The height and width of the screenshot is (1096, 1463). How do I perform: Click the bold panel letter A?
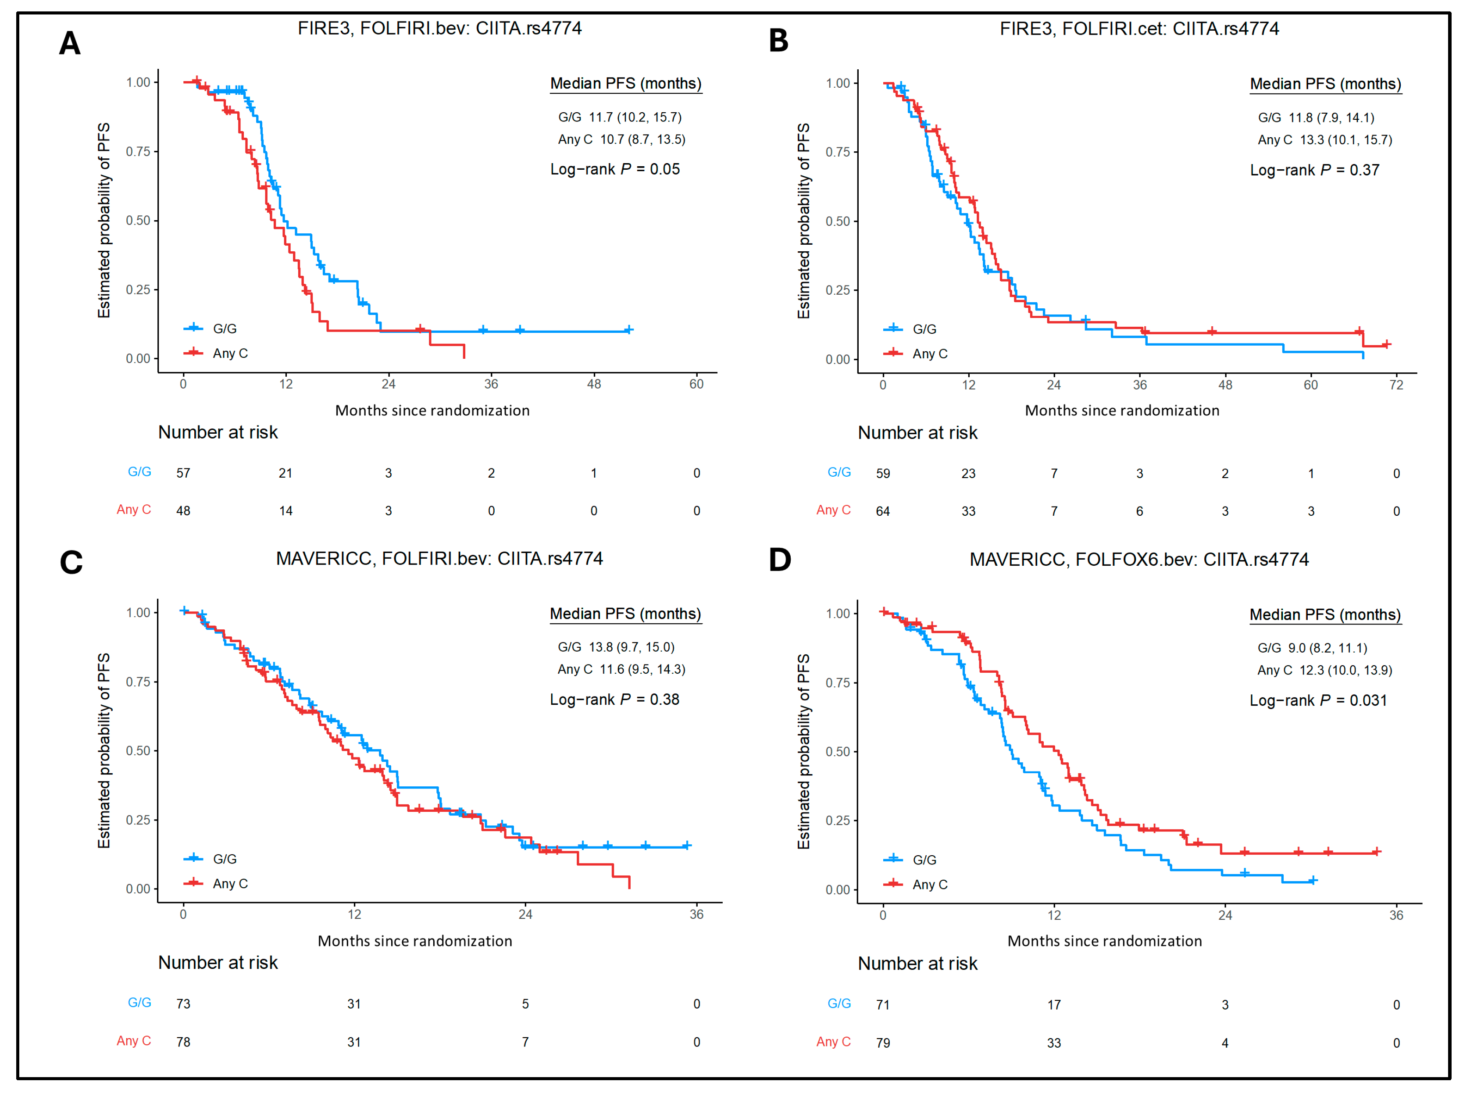click(x=70, y=44)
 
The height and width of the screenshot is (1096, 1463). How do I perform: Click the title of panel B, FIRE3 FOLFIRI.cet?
click(x=1139, y=29)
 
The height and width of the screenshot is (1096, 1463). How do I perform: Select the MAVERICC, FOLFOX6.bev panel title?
click(x=1139, y=560)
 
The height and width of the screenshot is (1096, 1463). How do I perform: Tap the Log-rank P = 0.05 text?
click(x=615, y=169)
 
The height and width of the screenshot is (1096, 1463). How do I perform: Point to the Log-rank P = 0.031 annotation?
click(x=1317, y=700)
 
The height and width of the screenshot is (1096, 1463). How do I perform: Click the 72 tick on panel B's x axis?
click(x=1396, y=385)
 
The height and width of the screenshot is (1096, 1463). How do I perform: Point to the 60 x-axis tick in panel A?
click(x=696, y=384)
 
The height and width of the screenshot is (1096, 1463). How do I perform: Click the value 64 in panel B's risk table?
click(x=883, y=511)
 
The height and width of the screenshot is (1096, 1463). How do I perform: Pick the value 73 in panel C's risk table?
click(x=183, y=1004)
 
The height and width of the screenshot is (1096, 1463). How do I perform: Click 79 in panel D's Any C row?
click(x=883, y=1043)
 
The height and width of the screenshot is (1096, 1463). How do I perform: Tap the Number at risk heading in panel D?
click(x=917, y=964)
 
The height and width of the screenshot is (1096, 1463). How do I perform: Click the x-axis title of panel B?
click(x=1122, y=411)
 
